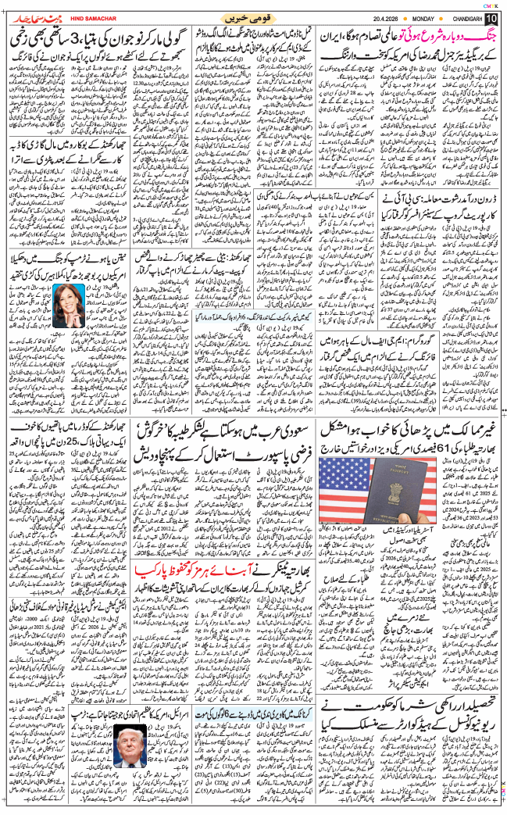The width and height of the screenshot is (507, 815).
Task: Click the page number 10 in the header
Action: point(491,18)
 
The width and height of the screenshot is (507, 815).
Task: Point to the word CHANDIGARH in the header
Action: point(463,18)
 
